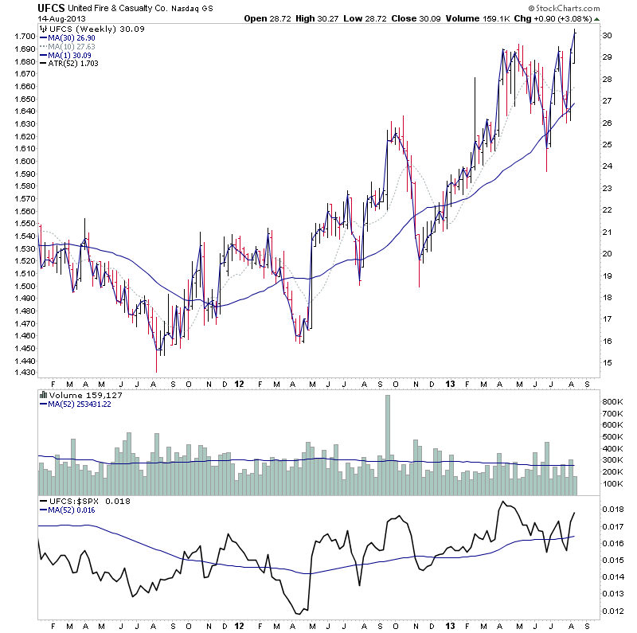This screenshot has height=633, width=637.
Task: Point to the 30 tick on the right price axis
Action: click(607, 36)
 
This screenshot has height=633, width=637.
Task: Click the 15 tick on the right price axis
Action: click(607, 362)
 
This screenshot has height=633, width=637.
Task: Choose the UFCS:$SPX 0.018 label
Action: click(86, 502)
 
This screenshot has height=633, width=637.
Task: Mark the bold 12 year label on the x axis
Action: click(240, 383)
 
